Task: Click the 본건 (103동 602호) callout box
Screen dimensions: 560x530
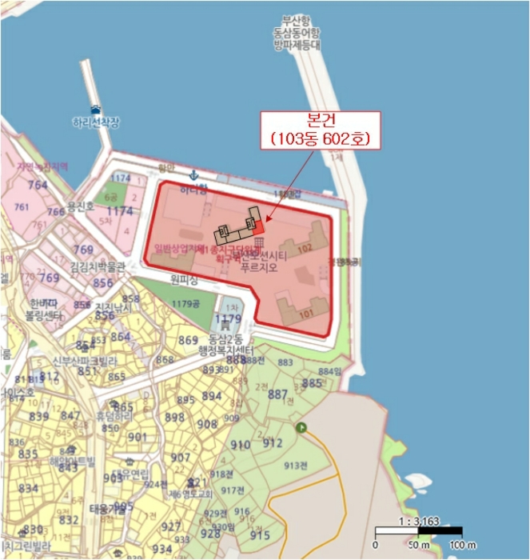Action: [x=320, y=130]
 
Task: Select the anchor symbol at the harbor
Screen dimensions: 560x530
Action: [x=193, y=175]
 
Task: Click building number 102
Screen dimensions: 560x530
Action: [x=304, y=249]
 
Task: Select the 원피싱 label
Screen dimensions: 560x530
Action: [x=183, y=279]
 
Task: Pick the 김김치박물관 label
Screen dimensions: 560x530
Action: [x=98, y=267]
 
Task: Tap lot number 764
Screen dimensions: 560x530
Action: [x=38, y=185]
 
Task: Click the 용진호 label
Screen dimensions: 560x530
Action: [x=81, y=206]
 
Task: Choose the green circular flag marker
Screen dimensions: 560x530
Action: [x=301, y=428]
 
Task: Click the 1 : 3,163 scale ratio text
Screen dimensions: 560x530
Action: [x=418, y=521]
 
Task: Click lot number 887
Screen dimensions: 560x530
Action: [x=277, y=394]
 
